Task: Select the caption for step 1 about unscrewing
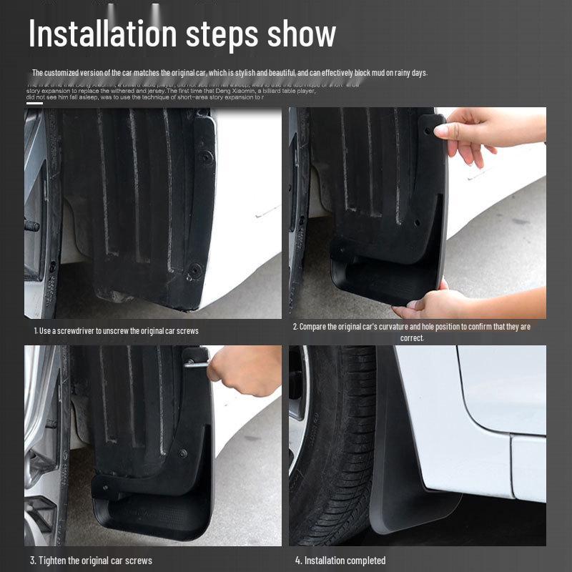[117, 330]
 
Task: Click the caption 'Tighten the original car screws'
[91, 560]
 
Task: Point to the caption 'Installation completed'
[340, 560]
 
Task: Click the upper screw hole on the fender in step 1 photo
[205, 155]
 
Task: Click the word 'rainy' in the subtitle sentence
[400, 73]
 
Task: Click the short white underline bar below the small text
[34, 103]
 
